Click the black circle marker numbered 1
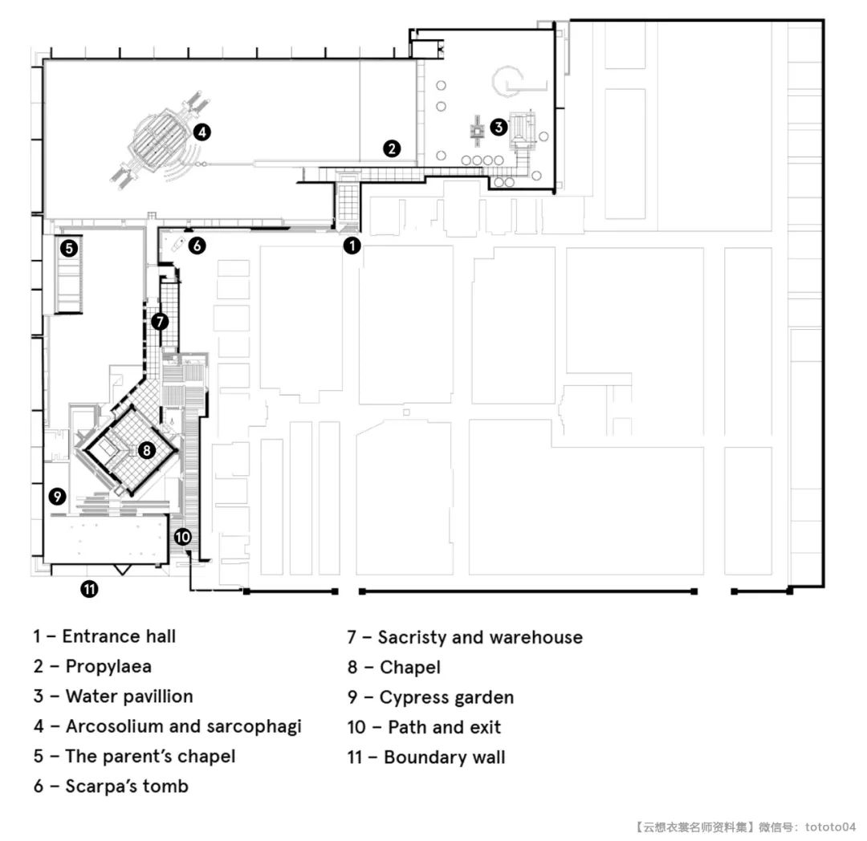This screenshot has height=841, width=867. point(352,246)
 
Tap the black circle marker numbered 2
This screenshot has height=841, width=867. point(392,148)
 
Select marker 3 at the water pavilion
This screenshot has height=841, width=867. point(499,127)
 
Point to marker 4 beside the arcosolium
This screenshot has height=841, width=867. point(202,132)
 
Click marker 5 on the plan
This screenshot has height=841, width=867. point(69,247)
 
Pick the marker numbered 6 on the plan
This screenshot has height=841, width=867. point(197,246)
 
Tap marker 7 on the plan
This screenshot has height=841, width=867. point(160,321)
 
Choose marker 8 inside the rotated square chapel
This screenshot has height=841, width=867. point(147,449)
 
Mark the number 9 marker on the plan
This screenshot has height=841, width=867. point(57,496)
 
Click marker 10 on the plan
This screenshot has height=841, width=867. point(182,537)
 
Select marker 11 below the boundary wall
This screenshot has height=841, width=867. point(90,589)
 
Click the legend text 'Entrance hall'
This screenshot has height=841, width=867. point(119,636)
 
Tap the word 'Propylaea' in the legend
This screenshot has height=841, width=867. point(108,667)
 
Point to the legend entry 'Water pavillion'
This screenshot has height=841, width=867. point(129,697)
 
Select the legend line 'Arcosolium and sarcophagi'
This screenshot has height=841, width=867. point(184,726)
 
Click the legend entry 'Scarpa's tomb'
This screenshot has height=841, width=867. point(127,786)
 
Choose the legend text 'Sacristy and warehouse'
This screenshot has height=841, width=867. point(480,638)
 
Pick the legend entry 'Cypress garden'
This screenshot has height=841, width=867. point(447,698)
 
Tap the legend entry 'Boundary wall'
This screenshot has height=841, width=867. point(445,757)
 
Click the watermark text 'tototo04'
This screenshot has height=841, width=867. point(831,827)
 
